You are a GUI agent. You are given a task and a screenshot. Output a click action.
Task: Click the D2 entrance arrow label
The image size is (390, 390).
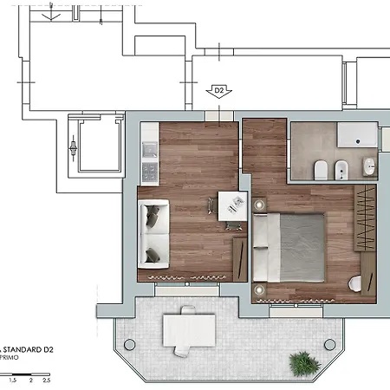[218, 90]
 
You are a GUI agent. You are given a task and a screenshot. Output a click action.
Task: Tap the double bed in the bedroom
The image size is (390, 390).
[289, 246]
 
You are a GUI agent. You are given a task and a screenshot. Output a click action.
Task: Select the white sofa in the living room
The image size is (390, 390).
[153, 232]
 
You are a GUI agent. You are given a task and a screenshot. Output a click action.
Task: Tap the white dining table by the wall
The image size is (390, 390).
[231, 205]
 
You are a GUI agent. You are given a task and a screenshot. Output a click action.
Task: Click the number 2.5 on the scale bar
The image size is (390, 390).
[46, 380]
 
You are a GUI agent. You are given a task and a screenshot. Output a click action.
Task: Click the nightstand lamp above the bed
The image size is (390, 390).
[259, 203]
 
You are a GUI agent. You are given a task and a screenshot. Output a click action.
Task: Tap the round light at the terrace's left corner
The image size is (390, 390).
[130, 344]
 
